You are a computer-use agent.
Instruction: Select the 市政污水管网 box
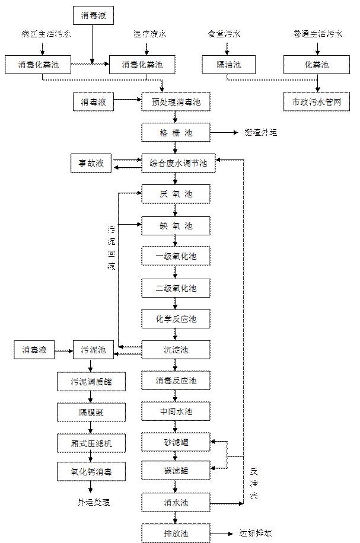317,102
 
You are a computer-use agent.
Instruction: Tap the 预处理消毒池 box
176,102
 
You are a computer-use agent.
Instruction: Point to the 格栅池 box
176,133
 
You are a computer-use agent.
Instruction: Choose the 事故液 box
92,163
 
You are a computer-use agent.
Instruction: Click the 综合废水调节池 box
178,163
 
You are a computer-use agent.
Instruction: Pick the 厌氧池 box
176,194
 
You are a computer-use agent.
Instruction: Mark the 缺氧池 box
176,226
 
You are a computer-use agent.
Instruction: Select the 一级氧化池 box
176,257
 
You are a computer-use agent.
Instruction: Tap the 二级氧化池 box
176,288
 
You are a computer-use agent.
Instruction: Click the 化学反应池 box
176,319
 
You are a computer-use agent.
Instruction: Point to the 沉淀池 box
176,350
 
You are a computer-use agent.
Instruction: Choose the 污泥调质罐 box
92,381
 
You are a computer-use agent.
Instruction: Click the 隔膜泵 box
92,412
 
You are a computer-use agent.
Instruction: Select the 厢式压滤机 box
92,442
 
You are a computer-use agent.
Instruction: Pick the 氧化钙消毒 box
92,472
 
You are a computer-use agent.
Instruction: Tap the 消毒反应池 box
176,381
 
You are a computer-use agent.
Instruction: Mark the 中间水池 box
176,411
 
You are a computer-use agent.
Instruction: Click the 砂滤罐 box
176,442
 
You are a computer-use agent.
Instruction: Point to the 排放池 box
176,532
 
